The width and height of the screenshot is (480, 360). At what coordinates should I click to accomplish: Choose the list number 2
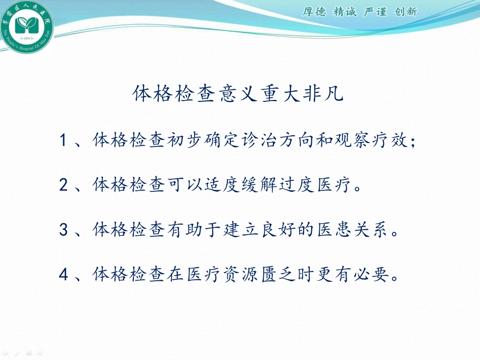[x=64, y=185]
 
